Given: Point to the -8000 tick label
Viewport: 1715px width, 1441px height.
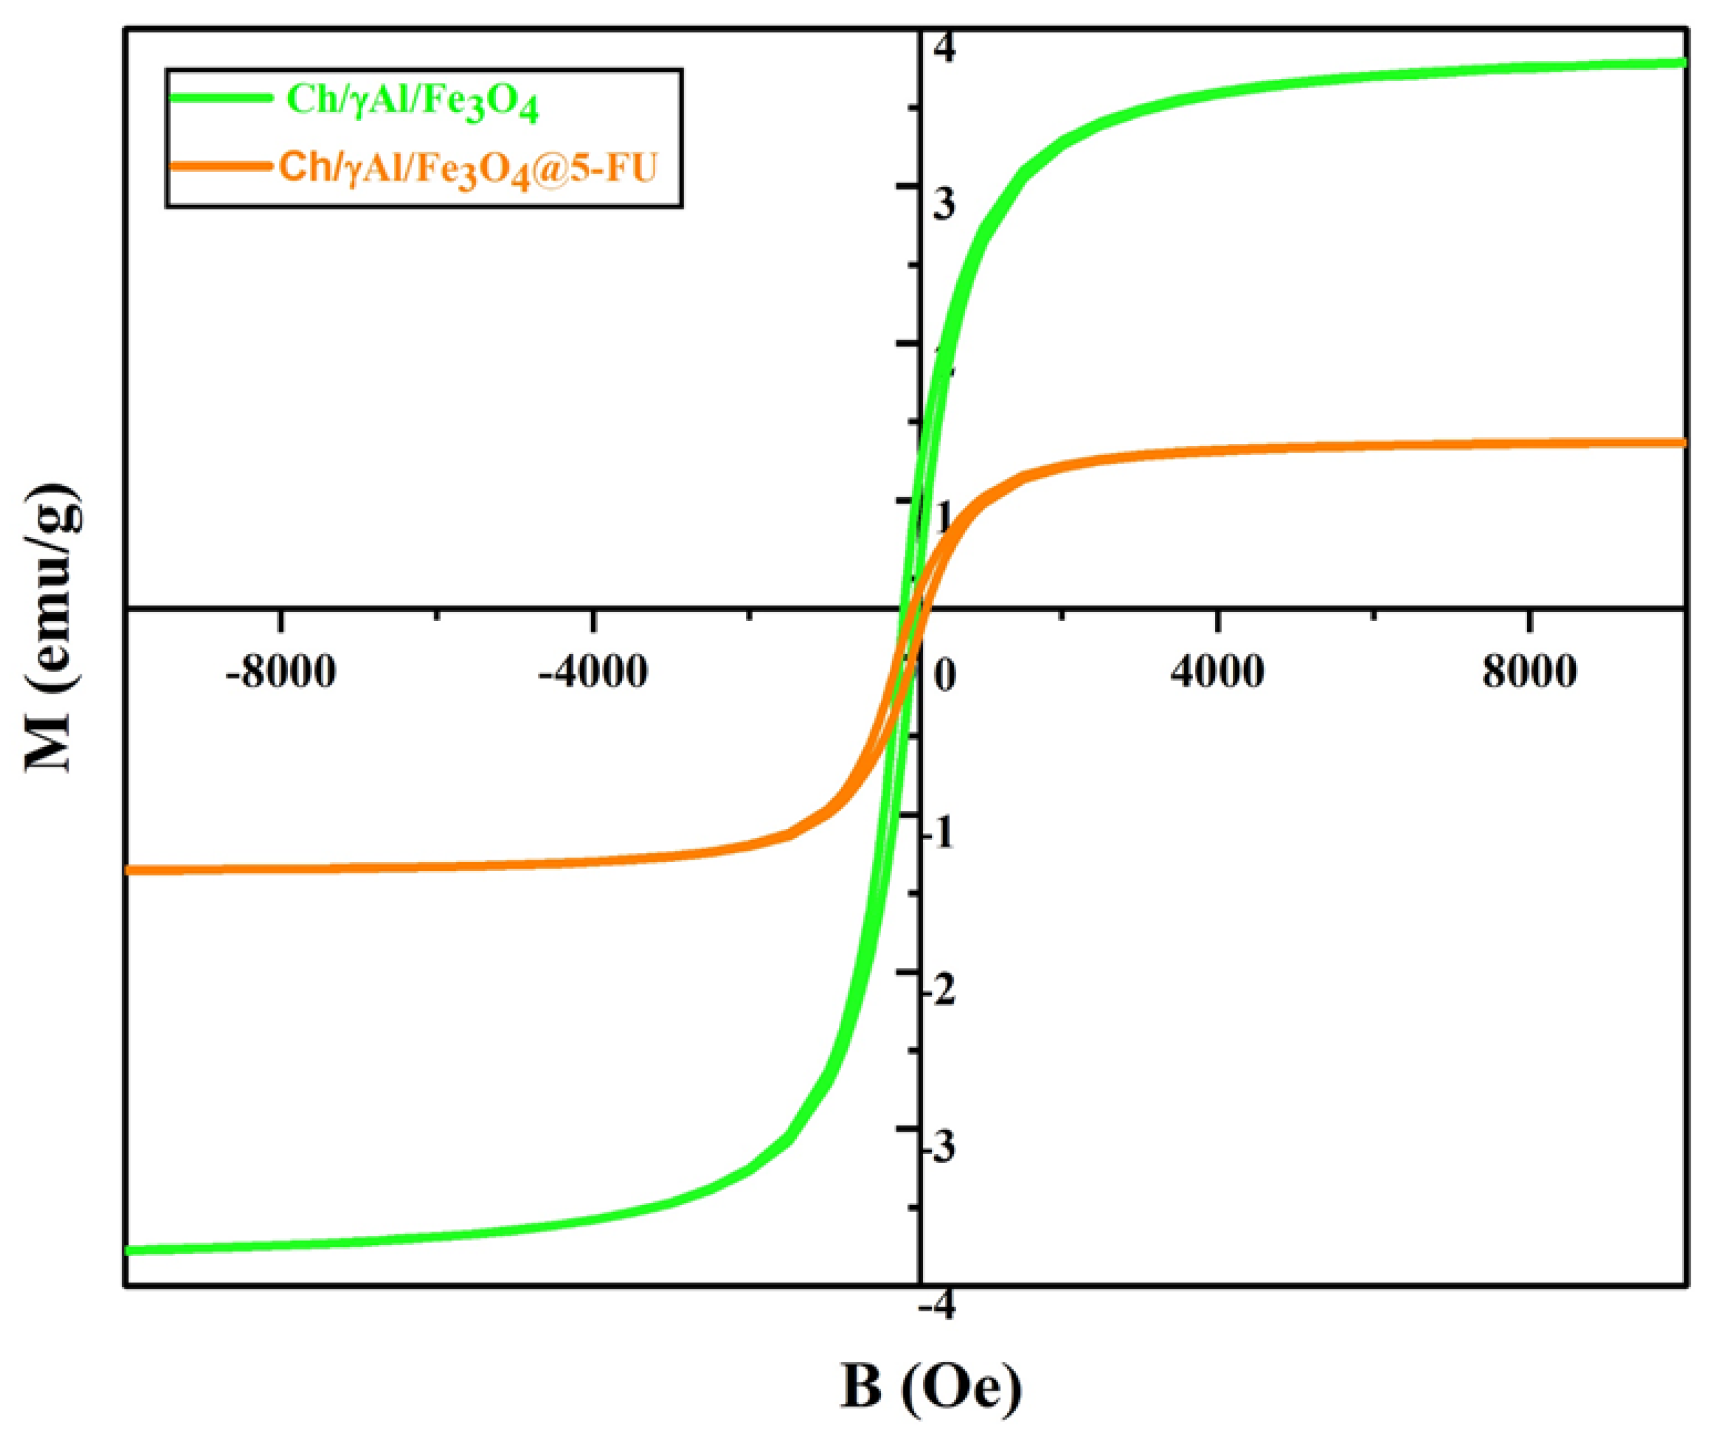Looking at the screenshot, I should tap(281, 673).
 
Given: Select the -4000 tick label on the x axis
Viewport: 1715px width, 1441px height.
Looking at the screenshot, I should tap(593, 673).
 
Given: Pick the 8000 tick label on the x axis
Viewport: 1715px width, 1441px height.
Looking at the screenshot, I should tap(1530, 673).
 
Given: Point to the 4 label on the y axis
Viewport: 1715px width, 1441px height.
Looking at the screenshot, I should tap(944, 50).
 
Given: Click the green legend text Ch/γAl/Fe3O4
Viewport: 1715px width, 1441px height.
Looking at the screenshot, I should tap(412, 101).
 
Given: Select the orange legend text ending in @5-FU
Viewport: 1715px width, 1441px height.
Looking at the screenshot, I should tap(468, 169).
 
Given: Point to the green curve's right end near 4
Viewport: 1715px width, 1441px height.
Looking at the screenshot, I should tap(1681, 63).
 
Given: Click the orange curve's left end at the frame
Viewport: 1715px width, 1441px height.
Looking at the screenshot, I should tap(131, 870).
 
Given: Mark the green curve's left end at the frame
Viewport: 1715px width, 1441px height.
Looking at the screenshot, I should tap(131, 1250).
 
